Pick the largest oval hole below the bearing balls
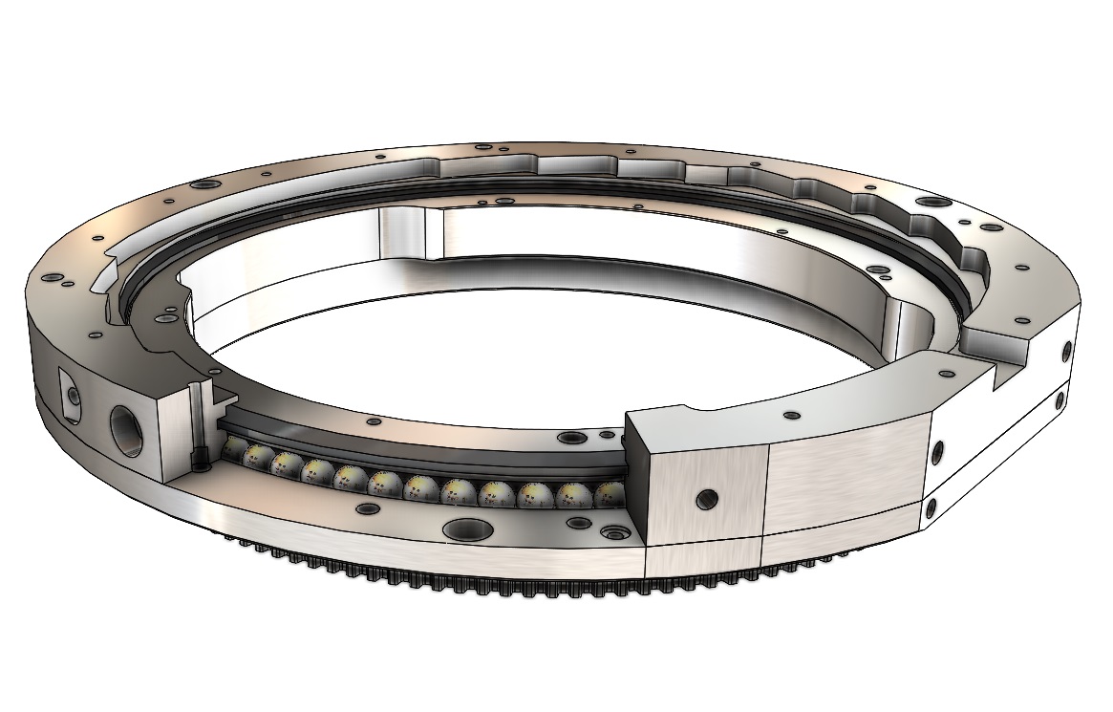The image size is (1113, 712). (466, 529)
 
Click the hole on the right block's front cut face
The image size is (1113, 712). (707, 498)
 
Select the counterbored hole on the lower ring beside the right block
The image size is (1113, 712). (610, 531)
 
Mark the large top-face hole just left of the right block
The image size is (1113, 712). (570, 439)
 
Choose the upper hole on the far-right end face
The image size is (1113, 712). (1065, 353)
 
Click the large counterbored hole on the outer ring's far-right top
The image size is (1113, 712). (928, 203)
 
